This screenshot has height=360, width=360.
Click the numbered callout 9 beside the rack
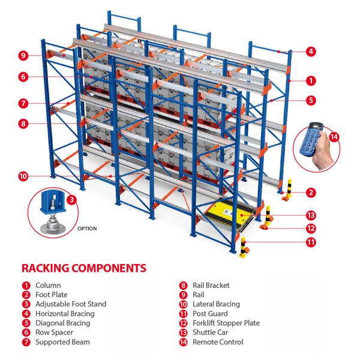point(23,56)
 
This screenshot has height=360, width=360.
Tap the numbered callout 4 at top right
point(311,52)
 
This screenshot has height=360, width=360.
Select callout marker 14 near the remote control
point(334,136)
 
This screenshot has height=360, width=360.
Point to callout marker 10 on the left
point(23,176)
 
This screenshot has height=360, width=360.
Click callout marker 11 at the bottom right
point(311,242)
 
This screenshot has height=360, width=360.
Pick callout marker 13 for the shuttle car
point(311,215)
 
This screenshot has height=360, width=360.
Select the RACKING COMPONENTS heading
point(83,268)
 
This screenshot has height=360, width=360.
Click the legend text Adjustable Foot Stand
point(71,304)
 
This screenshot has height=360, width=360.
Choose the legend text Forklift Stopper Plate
point(226,323)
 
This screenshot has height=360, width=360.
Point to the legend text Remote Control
point(218,342)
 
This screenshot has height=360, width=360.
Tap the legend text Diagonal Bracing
point(62,323)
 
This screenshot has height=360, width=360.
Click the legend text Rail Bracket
point(211,286)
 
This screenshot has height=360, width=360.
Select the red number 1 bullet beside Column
point(26,286)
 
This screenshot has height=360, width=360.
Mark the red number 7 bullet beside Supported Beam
point(26,342)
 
